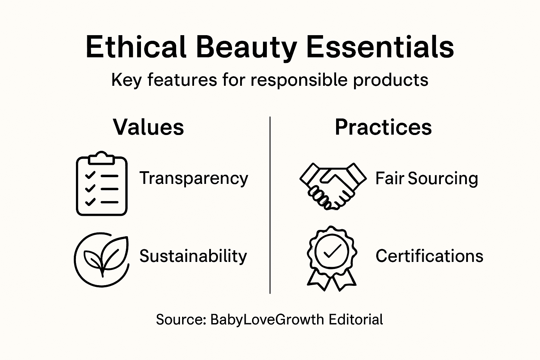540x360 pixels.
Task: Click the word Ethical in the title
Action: pyautogui.click(x=136, y=47)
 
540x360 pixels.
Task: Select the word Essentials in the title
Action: pyautogui.click(x=380, y=47)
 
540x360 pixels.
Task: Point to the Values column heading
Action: pyautogui.click(x=148, y=127)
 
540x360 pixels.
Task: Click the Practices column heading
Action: pyautogui.click(x=383, y=127)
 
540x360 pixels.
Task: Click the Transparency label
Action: pyautogui.click(x=194, y=178)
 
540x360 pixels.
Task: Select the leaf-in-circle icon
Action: pyautogui.click(x=101, y=259)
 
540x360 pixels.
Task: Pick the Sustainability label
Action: pyautogui.click(x=193, y=256)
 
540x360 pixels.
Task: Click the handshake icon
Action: pyautogui.click(x=333, y=186)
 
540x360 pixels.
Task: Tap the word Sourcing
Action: pyautogui.click(x=443, y=178)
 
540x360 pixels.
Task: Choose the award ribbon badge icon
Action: pyautogui.click(x=332, y=258)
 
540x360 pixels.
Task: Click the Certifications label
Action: pyautogui.click(x=429, y=256)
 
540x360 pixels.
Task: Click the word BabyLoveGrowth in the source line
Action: pyautogui.click(x=267, y=320)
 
